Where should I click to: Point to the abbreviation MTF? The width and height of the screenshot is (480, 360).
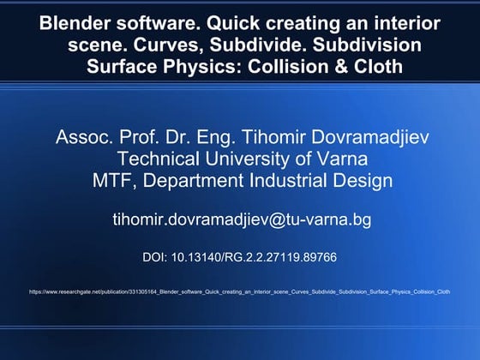(x=112, y=180)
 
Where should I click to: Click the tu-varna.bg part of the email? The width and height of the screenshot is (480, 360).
(x=329, y=219)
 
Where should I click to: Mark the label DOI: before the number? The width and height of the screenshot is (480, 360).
(x=157, y=255)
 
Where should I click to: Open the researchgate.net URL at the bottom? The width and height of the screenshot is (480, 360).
(x=239, y=291)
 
